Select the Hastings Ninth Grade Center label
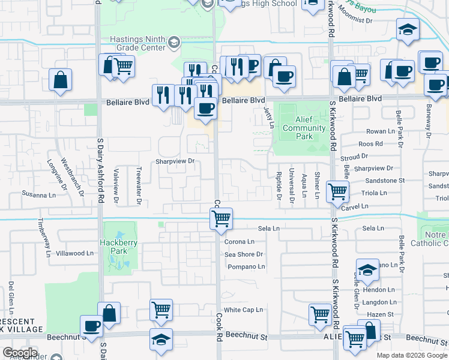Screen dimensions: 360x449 [137, 43]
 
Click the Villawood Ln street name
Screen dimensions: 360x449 [75, 253]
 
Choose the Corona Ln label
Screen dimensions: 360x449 [240, 242]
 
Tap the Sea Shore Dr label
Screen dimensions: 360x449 [244, 254]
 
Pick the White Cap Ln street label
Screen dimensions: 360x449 [244, 310]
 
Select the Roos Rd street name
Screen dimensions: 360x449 [370, 144]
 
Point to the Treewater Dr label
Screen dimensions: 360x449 [138, 185]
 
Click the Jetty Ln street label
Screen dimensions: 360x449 [271, 116]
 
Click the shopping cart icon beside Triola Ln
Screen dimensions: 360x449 [337, 192]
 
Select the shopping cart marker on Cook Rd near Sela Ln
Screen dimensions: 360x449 [221, 218]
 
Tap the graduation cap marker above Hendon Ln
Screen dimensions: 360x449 [367, 270]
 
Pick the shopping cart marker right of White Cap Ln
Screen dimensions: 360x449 [321, 314]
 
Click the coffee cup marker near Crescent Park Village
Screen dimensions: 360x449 [92, 326]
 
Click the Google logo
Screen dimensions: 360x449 [20, 353]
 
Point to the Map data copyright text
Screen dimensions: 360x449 [412, 355]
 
